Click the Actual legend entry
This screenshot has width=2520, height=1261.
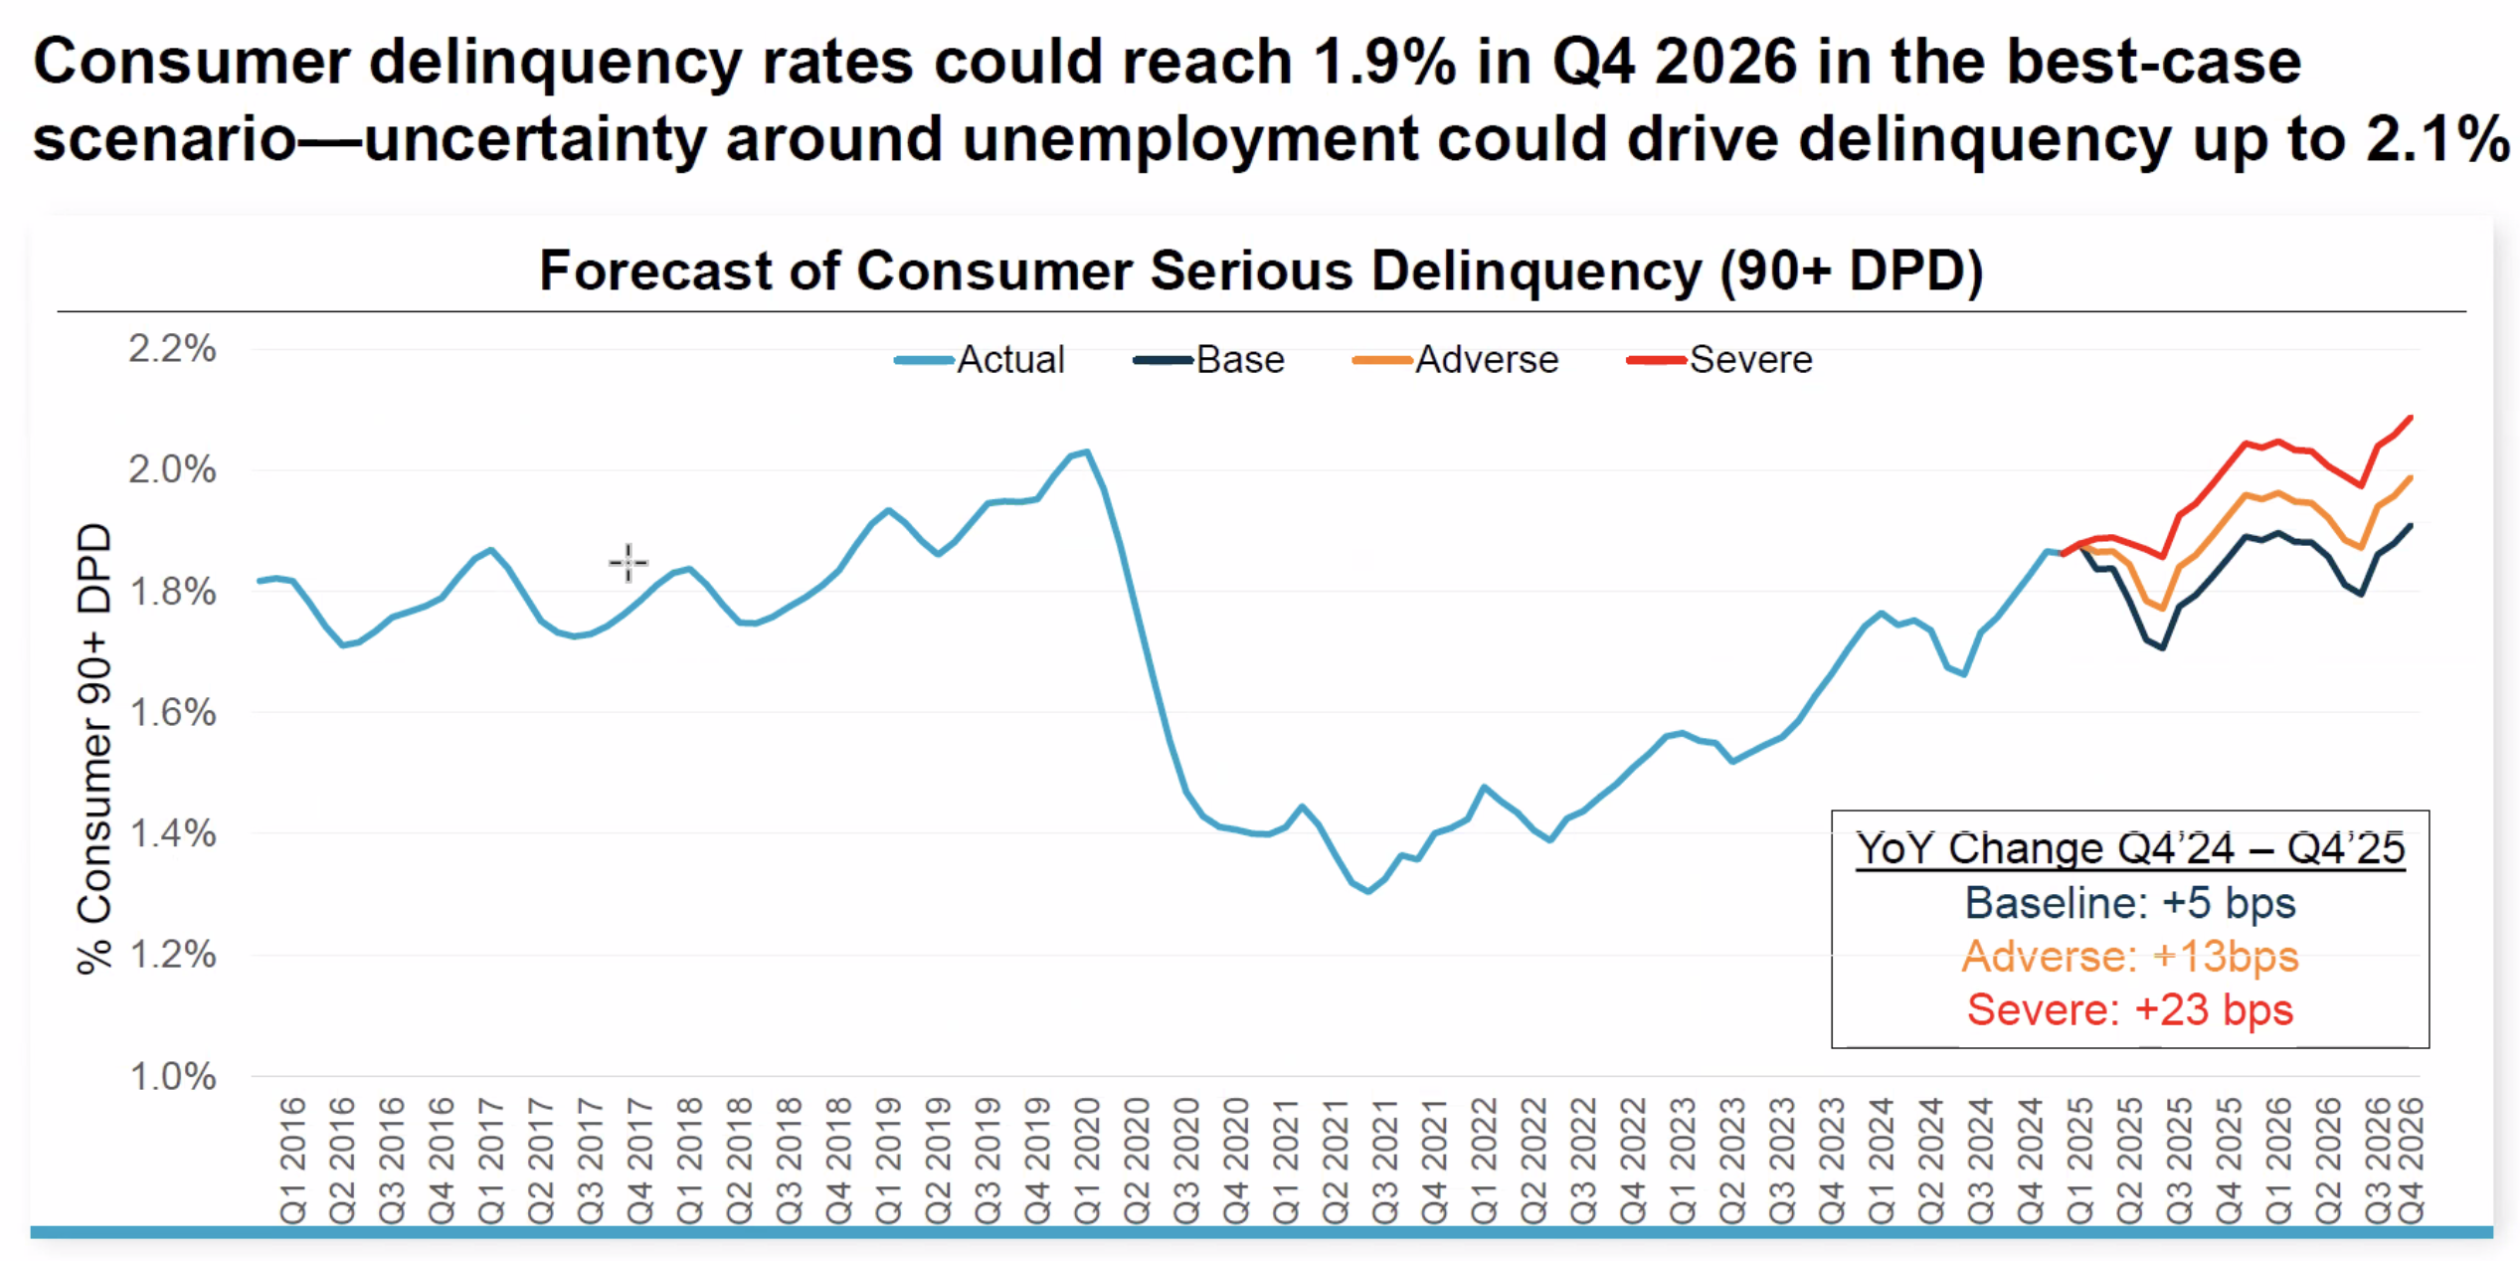tap(981, 360)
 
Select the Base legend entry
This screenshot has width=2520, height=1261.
tap(1209, 360)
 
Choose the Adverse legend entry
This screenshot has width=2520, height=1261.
tap(1456, 360)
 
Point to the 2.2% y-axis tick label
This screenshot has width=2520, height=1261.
tap(172, 349)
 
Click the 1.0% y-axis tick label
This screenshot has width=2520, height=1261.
tap(172, 1076)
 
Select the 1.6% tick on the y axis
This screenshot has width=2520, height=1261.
tap(172, 713)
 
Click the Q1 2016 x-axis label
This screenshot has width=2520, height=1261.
tap(292, 1160)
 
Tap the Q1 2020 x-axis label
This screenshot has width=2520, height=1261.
tap(1087, 1160)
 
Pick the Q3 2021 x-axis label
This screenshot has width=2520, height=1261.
tap(1385, 1160)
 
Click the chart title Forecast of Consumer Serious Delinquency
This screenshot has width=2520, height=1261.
tap(1261, 270)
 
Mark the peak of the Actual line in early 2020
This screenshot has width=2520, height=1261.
tap(1088, 451)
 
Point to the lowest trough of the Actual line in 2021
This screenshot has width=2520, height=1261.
tap(1369, 892)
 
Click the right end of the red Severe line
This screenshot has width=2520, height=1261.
tap(2412, 418)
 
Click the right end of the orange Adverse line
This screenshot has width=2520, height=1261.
tap(2412, 477)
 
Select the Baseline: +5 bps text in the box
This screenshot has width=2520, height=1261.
tap(2130, 903)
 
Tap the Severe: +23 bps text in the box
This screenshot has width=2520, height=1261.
tap(2130, 1009)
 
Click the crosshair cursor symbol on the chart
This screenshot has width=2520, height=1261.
tap(628, 563)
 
